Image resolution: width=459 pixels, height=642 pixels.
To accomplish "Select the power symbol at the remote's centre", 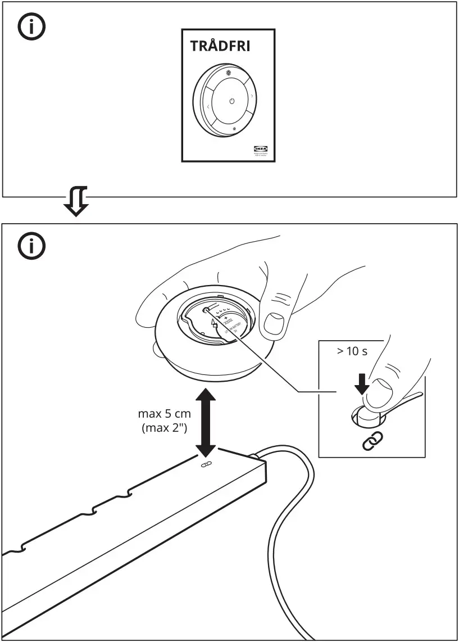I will point(231,101).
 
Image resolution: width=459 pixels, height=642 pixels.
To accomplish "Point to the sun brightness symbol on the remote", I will point(229,73).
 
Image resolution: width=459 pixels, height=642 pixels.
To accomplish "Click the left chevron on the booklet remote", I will point(207,107).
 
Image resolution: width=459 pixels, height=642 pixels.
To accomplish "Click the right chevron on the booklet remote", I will point(252,97).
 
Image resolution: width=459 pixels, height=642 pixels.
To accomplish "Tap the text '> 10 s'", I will point(352,352).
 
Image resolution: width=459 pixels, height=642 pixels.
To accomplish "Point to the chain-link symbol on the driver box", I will point(206,464).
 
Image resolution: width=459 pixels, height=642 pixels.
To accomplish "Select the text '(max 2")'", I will point(165,428).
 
